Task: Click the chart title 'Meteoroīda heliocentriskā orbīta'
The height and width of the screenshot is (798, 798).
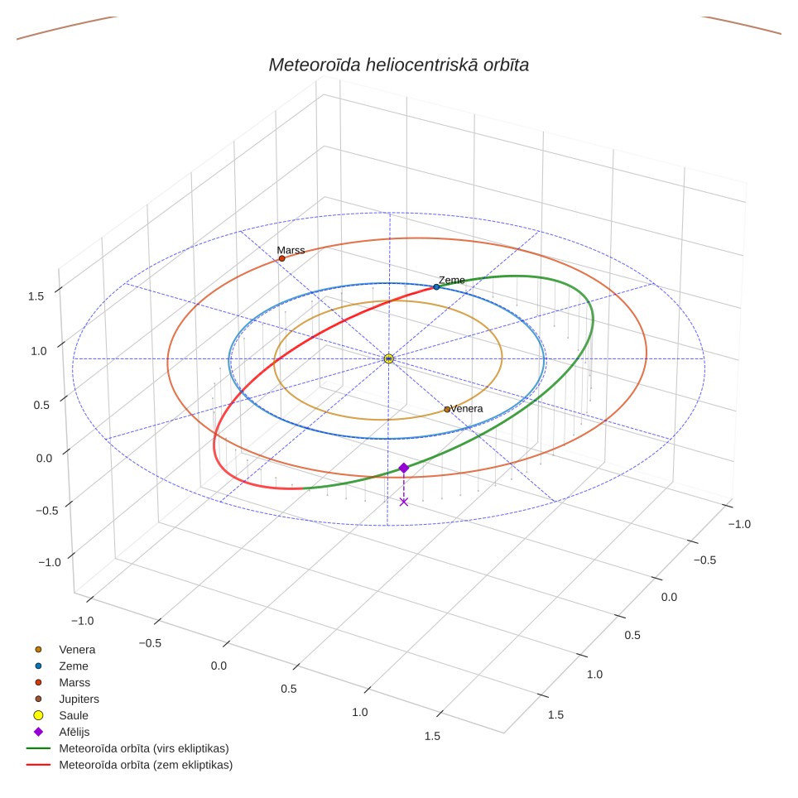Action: [398, 65]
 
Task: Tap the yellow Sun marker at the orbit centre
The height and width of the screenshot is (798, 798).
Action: [389, 358]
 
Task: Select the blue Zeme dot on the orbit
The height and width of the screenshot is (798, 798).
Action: [436, 287]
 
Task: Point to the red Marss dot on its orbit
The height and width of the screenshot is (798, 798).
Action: [282, 258]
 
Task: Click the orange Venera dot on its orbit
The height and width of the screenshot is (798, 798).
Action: [447, 409]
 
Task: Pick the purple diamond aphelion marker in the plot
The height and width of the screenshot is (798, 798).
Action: [404, 468]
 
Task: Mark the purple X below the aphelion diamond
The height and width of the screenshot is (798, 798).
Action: [404, 502]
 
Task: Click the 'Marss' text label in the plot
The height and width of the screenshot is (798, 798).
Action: [291, 250]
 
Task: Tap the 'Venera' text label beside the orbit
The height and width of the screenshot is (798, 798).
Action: [467, 409]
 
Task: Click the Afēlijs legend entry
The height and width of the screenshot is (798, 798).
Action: [61, 732]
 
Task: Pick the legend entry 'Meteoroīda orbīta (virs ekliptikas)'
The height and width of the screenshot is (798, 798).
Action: [127, 748]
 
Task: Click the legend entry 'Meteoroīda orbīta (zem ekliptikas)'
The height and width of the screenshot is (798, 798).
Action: [130, 765]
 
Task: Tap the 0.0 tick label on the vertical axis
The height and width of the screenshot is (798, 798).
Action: [44, 458]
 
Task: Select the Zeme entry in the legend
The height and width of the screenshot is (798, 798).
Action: [61, 666]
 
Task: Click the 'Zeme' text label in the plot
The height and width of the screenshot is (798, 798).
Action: [452, 280]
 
